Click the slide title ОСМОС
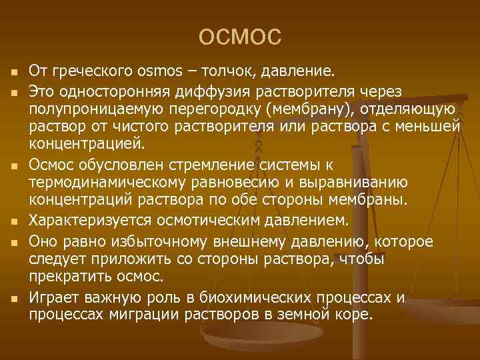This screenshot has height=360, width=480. (240, 37)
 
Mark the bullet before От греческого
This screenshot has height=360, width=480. (14, 72)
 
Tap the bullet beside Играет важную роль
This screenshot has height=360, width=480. (14, 297)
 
